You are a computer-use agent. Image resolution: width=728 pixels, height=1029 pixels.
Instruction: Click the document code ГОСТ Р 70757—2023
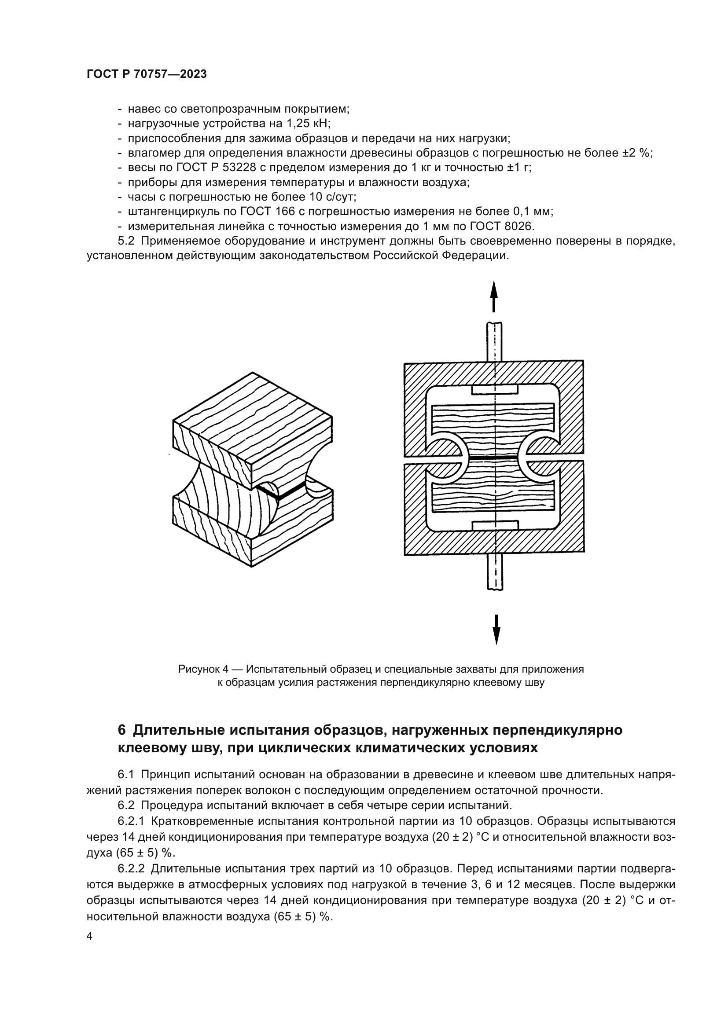pyautogui.click(x=147, y=74)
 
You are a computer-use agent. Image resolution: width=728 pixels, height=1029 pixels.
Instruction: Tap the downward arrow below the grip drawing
pyautogui.click(x=496, y=629)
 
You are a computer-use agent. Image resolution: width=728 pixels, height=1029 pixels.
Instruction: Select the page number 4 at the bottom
pyautogui.click(x=90, y=936)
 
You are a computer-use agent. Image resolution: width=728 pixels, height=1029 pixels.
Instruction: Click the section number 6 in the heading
pyautogui.click(x=122, y=731)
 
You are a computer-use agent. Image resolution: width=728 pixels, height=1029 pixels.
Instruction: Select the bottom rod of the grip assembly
pyautogui.click(x=495, y=571)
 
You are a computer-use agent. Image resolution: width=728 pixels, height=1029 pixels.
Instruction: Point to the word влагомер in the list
pyautogui.click(x=151, y=153)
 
